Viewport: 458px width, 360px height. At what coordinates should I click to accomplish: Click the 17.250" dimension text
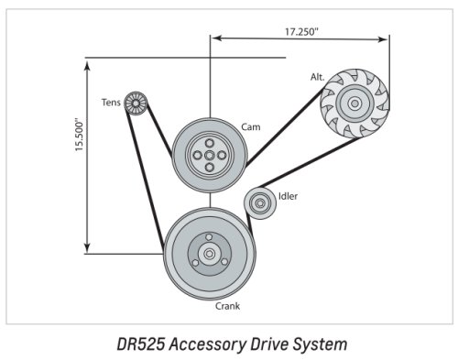[301, 31]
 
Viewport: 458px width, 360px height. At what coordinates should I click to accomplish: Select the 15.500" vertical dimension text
[80, 136]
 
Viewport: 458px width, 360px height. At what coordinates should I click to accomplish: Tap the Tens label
[111, 103]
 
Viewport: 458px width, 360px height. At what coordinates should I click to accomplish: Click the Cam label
[251, 126]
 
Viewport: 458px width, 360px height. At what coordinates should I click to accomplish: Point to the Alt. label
[318, 77]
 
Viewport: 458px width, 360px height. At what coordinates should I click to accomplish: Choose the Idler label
[288, 196]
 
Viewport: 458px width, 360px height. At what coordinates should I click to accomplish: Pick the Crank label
[227, 306]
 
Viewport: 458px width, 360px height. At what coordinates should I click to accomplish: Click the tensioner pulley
[136, 104]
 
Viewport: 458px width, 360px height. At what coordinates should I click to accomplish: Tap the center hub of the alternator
[354, 104]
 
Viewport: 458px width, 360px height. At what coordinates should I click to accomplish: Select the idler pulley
[260, 203]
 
